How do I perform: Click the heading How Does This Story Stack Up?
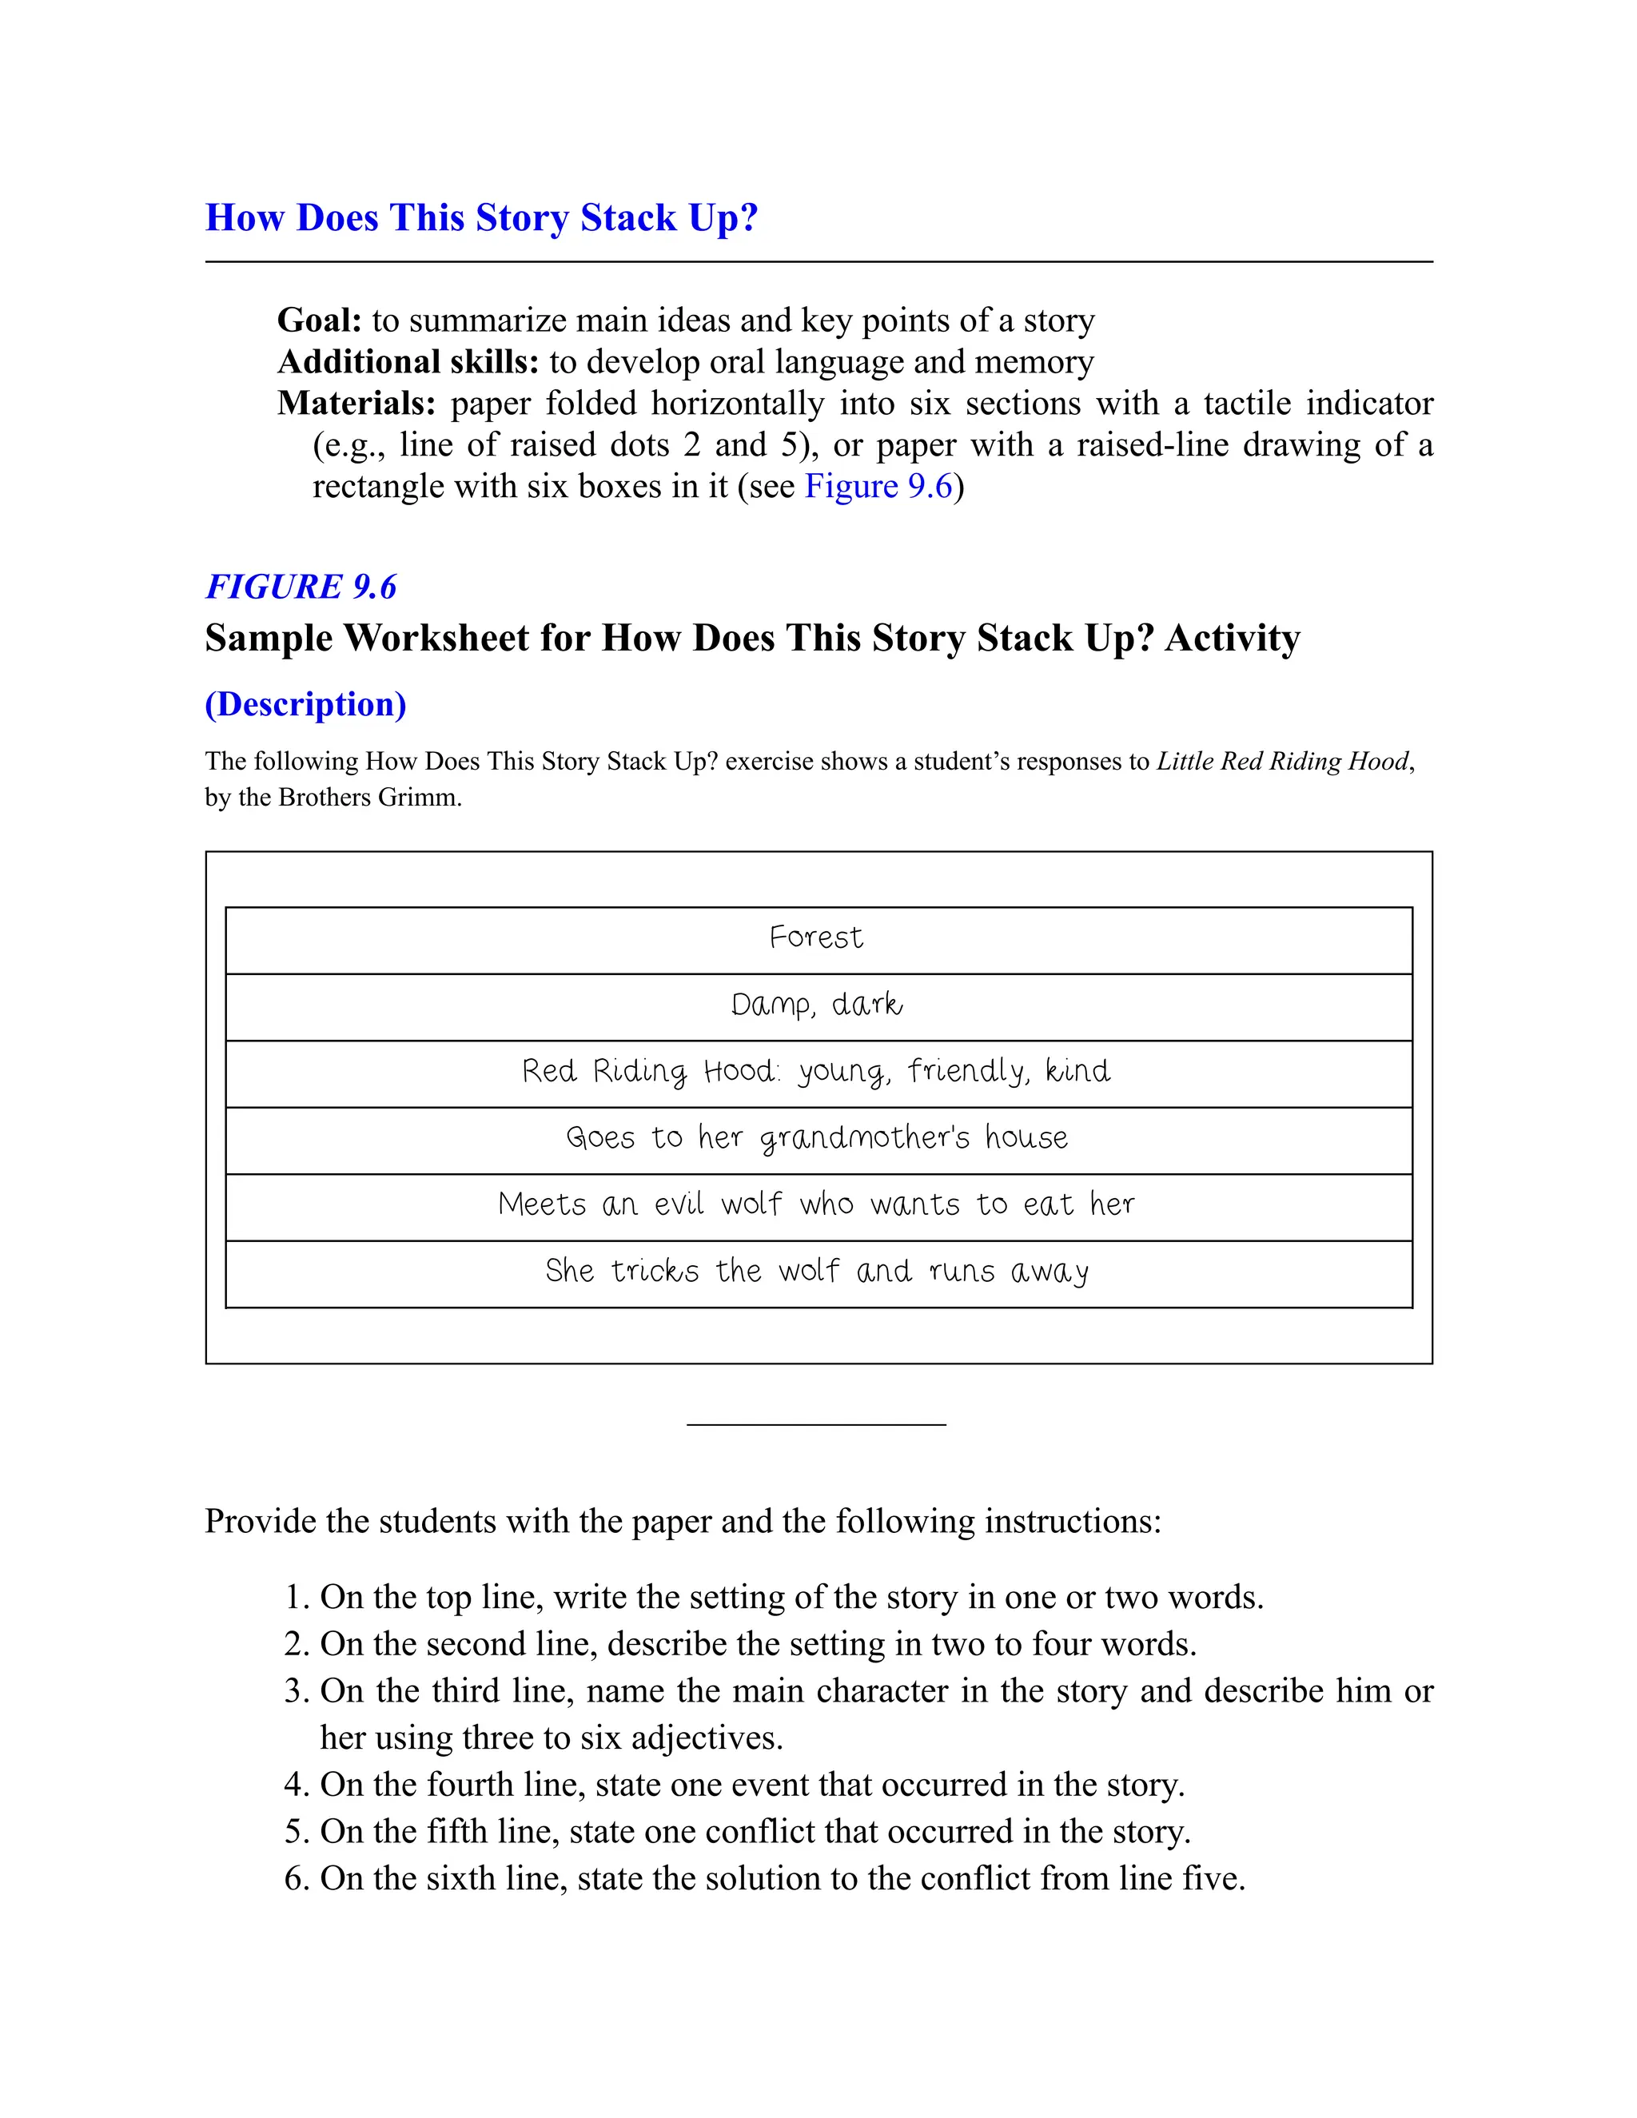(x=481, y=218)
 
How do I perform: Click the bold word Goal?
(x=319, y=320)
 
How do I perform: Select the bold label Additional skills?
(x=408, y=362)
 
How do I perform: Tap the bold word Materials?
(x=356, y=404)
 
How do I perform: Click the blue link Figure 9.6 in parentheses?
(x=878, y=486)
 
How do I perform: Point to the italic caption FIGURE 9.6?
(x=301, y=587)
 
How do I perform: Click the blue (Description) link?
(x=305, y=704)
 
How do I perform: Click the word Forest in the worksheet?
(x=815, y=938)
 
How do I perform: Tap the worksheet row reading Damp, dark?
(x=817, y=1005)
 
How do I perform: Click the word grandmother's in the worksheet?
(x=864, y=1137)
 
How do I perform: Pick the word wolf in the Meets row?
(x=751, y=1204)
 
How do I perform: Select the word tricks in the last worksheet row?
(x=655, y=1272)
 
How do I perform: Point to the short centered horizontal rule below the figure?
(x=815, y=1424)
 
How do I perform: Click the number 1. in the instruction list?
(x=296, y=1597)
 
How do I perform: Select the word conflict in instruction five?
(x=761, y=1832)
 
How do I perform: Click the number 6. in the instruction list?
(x=296, y=1878)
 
